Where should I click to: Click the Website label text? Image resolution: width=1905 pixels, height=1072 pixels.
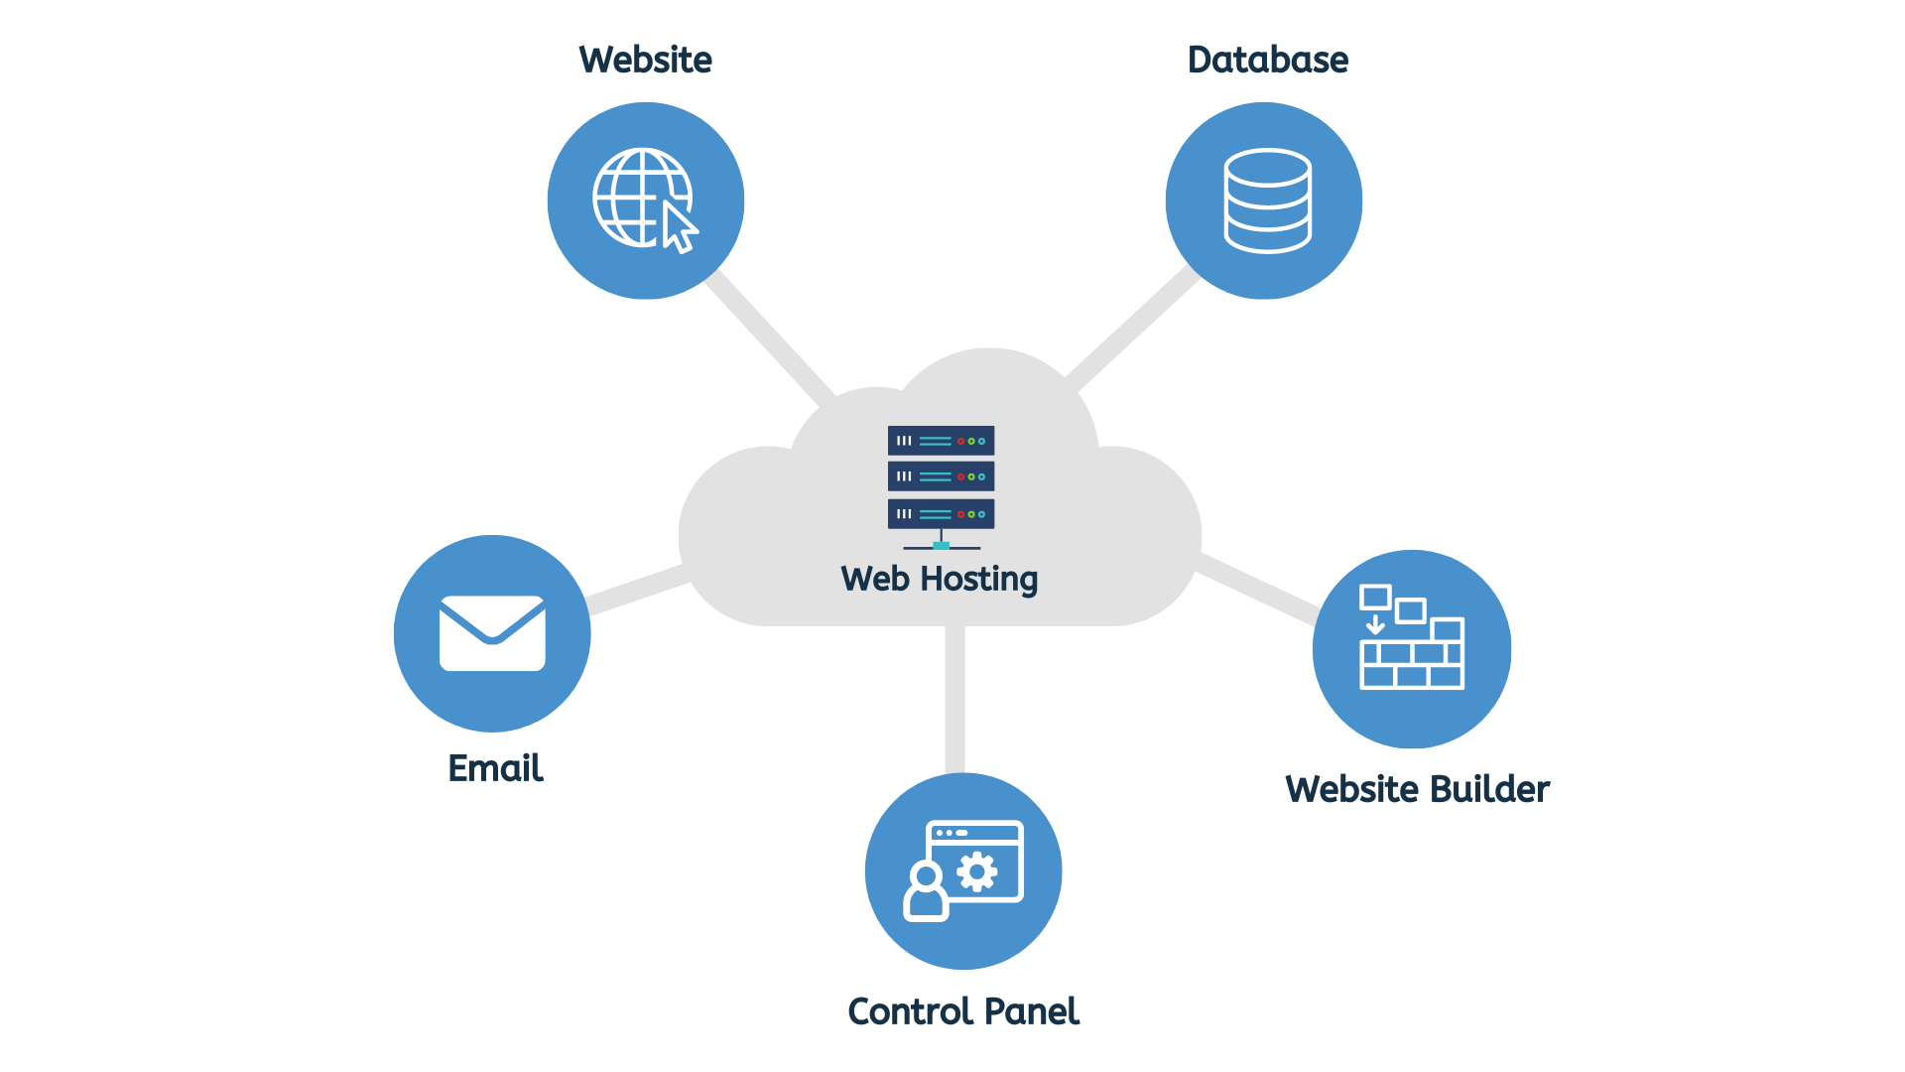pyautogui.click(x=645, y=60)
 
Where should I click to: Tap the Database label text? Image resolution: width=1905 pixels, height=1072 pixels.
pyautogui.click(x=1268, y=60)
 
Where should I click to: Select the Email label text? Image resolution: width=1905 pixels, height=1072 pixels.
pyautogui.click(x=495, y=767)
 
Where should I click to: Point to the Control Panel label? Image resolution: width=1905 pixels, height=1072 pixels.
pyautogui.click(x=963, y=1011)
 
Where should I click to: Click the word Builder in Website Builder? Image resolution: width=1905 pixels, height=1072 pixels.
pyautogui.click(x=1489, y=789)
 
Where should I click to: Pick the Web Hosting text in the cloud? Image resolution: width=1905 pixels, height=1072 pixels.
pyautogui.click(x=940, y=579)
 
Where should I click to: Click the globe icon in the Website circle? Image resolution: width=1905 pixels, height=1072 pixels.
pyautogui.click(x=641, y=197)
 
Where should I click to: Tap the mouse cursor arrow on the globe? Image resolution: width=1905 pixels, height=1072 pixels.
pyautogui.click(x=679, y=227)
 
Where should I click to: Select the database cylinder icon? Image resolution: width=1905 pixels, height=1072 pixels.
pyautogui.click(x=1268, y=201)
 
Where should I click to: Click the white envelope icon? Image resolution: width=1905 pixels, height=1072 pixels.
pyautogui.click(x=492, y=633)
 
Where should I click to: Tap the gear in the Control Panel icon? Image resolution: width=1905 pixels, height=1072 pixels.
pyautogui.click(x=977, y=871)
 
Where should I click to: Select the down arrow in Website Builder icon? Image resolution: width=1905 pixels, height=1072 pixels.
pyautogui.click(x=1375, y=623)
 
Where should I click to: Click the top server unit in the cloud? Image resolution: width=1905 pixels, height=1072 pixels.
pyautogui.click(x=941, y=441)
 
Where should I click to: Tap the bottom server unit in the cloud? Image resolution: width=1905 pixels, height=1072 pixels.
pyautogui.click(x=941, y=514)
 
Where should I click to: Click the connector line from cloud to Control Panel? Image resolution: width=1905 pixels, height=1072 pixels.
pyautogui.click(x=954, y=699)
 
